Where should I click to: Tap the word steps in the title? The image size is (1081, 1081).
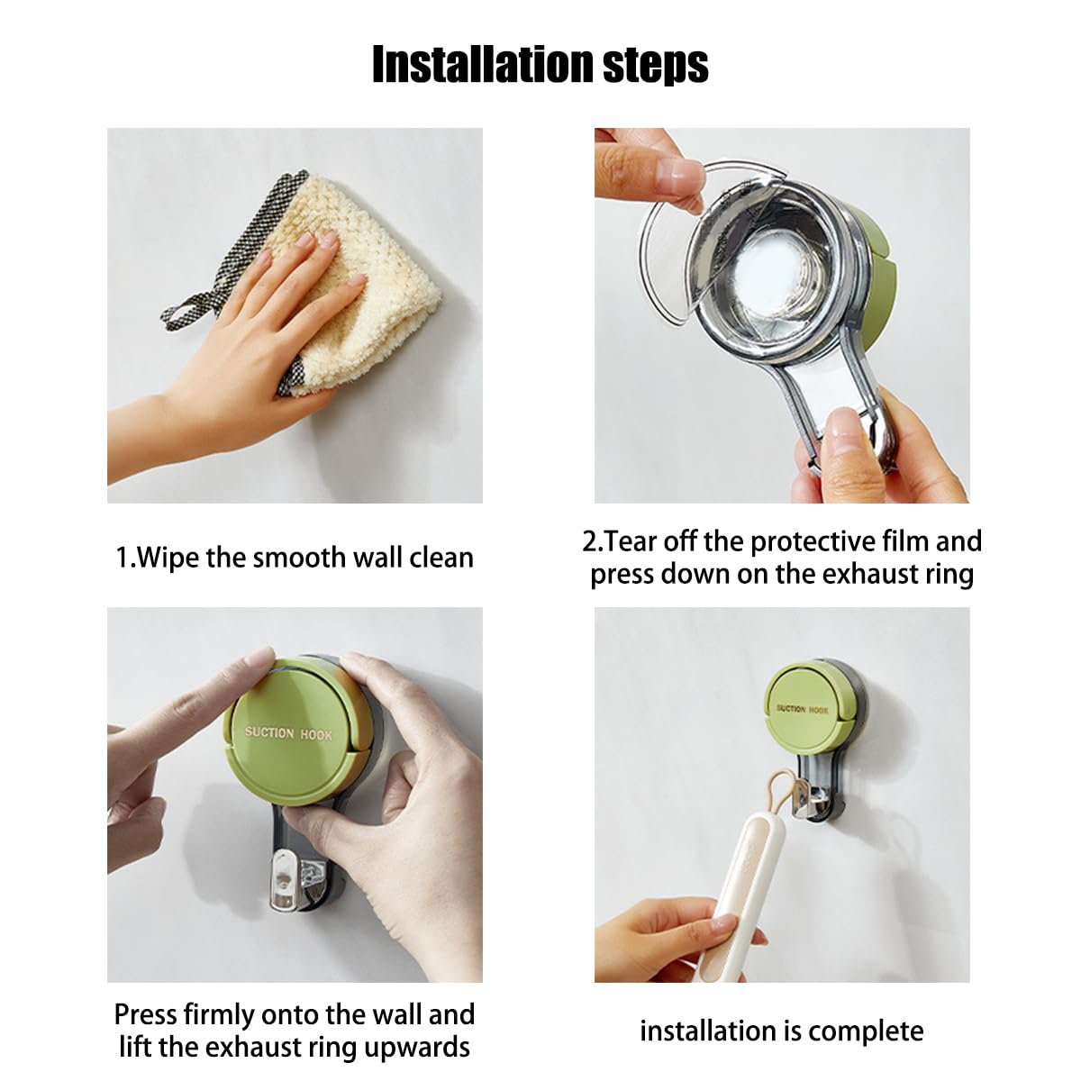click(656, 66)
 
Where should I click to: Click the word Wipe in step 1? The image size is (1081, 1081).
click(168, 559)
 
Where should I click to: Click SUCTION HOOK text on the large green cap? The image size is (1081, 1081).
click(288, 733)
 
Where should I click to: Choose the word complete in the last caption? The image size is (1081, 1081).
click(868, 1032)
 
